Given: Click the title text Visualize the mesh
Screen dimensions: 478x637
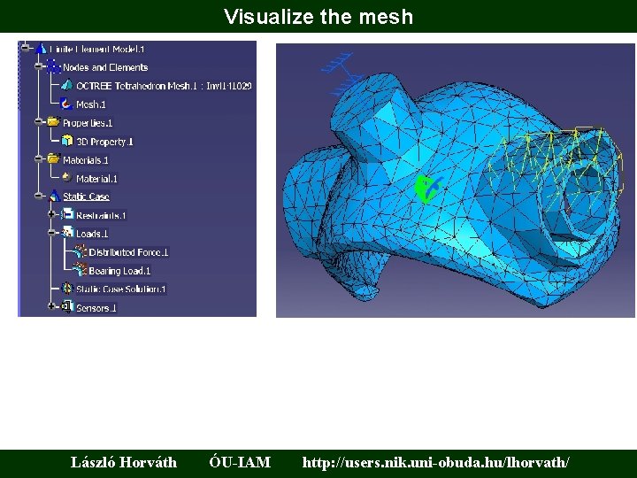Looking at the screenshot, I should point(318,16).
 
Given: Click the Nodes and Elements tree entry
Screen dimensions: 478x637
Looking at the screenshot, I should point(104,67).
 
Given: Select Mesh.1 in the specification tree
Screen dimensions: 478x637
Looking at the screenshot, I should point(91,104).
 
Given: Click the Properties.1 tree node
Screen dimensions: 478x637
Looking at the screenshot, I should point(87,123).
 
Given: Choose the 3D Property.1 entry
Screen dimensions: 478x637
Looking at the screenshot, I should point(104,142).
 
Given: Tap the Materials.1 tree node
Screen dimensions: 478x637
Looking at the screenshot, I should point(85,160).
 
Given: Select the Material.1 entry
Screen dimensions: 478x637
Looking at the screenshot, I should point(96,179).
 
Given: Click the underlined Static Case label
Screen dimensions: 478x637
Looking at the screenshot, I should point(86,197).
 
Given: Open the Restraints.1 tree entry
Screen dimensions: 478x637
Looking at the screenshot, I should point(101,215).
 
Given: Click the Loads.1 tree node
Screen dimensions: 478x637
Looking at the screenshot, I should point(91,234).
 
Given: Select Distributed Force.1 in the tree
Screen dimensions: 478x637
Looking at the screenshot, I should point(128,252).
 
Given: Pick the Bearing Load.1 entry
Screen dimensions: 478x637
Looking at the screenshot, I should point(119,271).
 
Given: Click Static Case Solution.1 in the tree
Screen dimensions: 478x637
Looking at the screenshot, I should point(120,289).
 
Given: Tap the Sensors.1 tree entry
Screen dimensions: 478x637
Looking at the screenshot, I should point(96,308).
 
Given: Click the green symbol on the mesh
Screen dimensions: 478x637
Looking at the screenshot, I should point(426,189).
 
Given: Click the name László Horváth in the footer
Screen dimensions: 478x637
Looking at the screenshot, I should point(124,462).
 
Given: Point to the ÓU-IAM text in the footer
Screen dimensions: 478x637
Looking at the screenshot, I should point(240,462).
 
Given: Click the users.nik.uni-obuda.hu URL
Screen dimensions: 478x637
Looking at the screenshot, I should point(436,462).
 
